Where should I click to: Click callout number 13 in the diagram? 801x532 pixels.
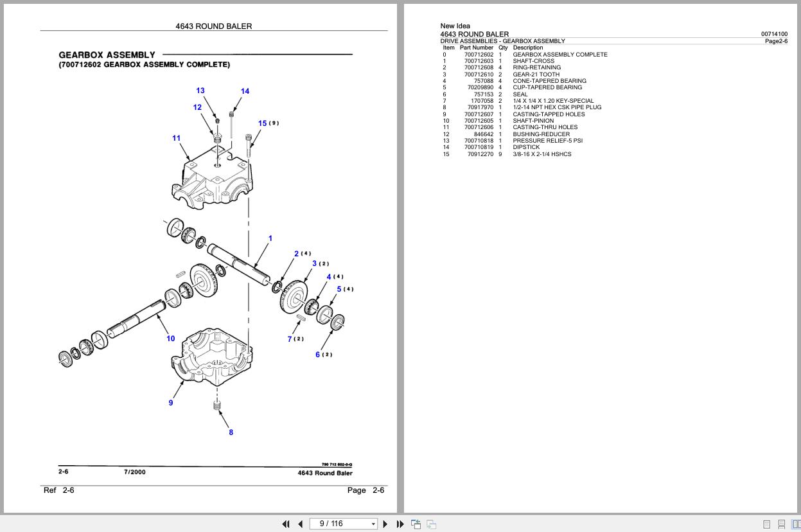(x=200, y=91)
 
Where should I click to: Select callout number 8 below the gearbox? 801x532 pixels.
(x=231, y=432)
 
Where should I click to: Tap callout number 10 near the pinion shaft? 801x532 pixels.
(x=171, y=339)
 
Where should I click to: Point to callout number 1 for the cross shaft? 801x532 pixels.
(x=270, y=238)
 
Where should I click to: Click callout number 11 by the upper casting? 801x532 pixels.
(x=177, y=137)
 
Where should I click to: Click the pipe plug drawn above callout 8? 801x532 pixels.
(x=217, y=405)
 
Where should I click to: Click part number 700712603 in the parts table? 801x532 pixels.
(x=479, y=61)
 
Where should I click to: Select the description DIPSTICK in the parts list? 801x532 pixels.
(x=526, y=147)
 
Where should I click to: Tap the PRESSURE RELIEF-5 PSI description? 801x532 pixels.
(x=547, y=141)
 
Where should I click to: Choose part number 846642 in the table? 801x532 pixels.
(x=484, y=134)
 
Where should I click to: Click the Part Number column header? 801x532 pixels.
(x=477, y=48)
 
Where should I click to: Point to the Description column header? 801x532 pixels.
(x=528, y=48)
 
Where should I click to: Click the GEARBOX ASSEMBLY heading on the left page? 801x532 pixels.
(x=107, y=55)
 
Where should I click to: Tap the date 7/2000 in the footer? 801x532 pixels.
(x=135, y=472)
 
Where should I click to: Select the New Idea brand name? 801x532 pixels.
(x=455, y=26)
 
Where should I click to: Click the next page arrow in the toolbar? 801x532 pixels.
(x=385, y=524)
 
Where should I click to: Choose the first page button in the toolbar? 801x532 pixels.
(x=286, y=524)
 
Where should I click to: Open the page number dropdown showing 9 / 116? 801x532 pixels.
(x=373, y=524)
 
